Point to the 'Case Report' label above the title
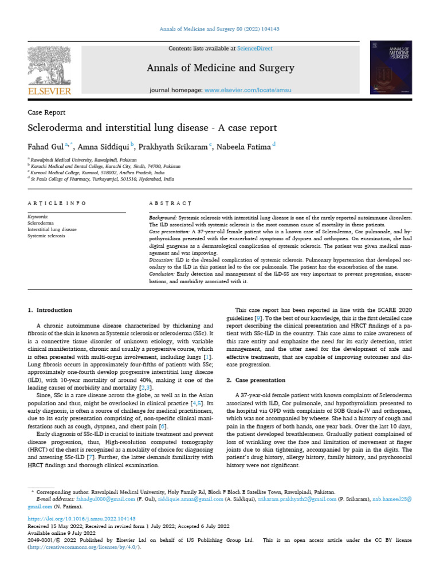pyautogui.click(x=46, y=112)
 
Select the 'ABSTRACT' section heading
pyautogui.click(x=170, y=204)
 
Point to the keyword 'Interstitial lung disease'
pyautogui.click(x=52, y=229)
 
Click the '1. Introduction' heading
pyautogui.click(x=50, y=310)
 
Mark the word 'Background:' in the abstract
pyautogui.click(x=163, y=218)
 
